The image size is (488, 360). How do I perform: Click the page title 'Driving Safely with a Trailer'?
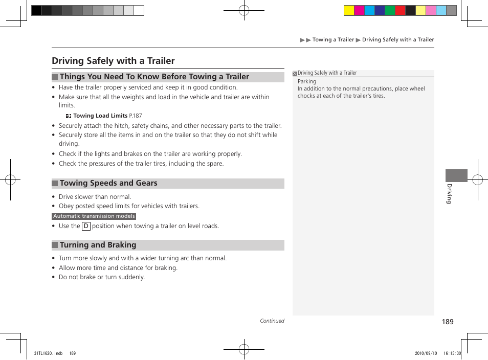click(113, 61)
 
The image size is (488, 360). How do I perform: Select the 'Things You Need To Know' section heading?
click(154, 77)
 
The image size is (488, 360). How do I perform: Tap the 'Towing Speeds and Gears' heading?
click(108, 183)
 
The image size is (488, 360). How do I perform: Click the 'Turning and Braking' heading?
click(98, 245)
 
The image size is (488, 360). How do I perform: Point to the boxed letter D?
click(86, 226)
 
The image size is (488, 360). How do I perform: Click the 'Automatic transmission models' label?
click(94, 216)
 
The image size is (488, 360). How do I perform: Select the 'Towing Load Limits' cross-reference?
click(100, 116)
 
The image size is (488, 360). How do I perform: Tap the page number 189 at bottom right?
click(448, 322)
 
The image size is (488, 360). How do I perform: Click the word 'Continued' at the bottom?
click(272, 321)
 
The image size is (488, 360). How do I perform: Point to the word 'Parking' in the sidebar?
click(307, 81)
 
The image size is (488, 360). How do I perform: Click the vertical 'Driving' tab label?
click(449, 193)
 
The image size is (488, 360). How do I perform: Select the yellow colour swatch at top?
click(349, 10)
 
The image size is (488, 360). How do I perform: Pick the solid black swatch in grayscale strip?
click(37, 10)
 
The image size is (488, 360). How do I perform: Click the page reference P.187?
click(136, 116)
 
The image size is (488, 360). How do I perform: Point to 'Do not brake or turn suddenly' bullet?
click(101, 277)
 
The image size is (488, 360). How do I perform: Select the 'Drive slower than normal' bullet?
click(95, 197)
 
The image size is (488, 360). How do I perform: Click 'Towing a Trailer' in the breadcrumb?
click(333, 40)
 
